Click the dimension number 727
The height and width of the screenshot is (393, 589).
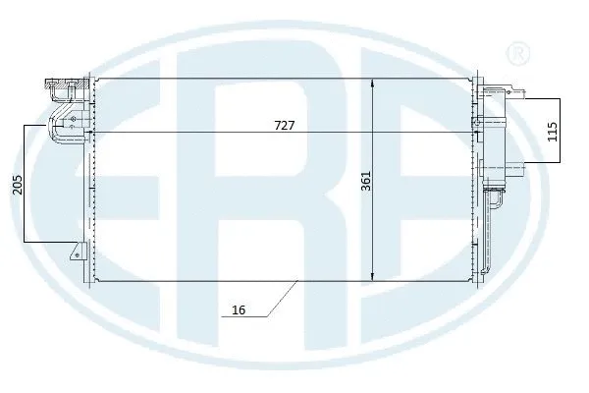[x=285, y=126]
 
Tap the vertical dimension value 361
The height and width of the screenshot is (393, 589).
[x=365, y=183]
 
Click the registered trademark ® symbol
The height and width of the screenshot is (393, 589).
[x=515, y=51]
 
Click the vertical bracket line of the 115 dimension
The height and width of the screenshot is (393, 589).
[x=562, y=131]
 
